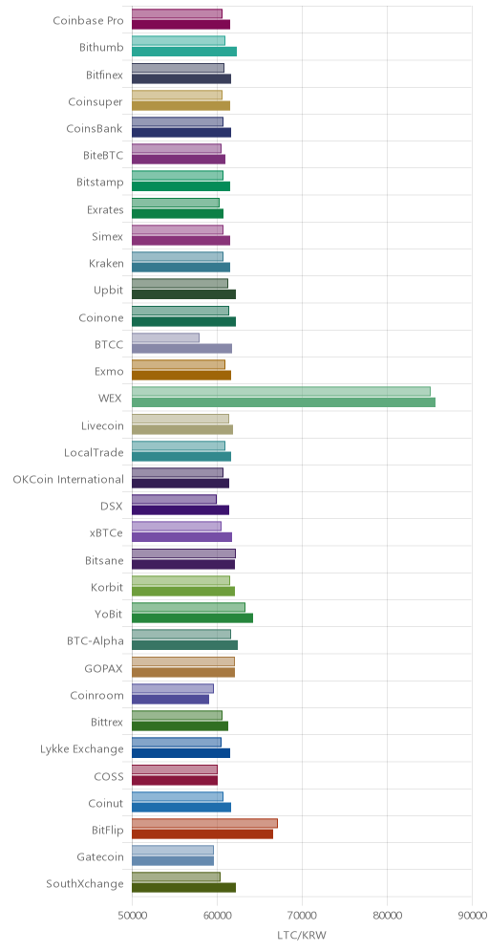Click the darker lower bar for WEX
(284, 402)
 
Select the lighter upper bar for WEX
(281, 392)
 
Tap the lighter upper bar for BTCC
(165, 337)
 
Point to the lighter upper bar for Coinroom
(173, 688)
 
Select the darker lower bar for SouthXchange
(183, 888)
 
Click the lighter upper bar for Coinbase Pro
(177, 14)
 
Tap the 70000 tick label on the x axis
(302, 915)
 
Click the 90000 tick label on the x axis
(472, 915)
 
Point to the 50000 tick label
(132, 915)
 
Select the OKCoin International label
(69, 479)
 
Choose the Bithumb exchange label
(101, 47)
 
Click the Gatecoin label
(100, 856)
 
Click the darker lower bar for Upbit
(183, 294)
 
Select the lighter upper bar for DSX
(174, 499)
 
